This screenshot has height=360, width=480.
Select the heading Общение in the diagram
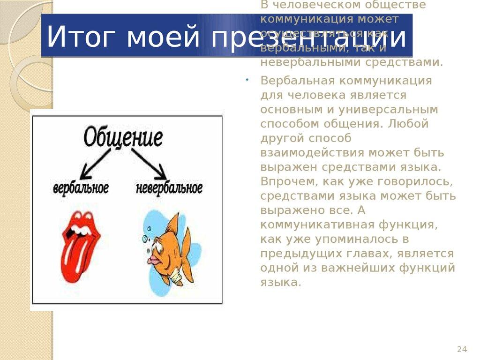pyautogui.click(x=123, y=137)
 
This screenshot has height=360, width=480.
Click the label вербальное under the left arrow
pyautogui.click(x=81, y=188)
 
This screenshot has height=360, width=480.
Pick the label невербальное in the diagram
pyautogui.click(x=169, y=188)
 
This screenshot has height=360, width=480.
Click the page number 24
pyautogui.click(x=462, y=349)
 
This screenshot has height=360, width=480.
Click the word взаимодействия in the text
pyautogui.click(x=312, y=153)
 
